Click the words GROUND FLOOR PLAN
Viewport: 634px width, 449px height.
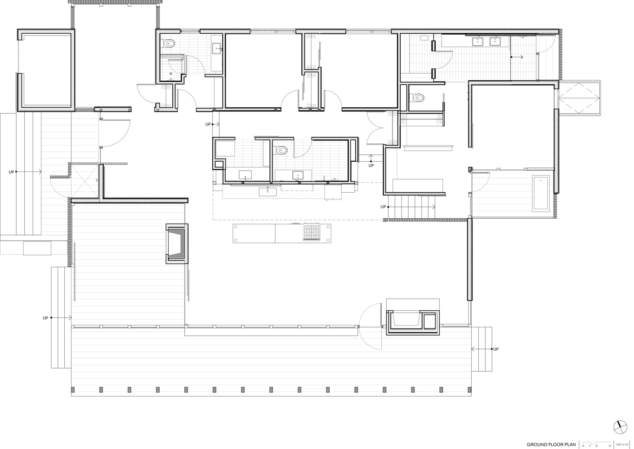[x=551, y=445]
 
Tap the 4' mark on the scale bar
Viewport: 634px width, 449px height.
[x=610, y=446]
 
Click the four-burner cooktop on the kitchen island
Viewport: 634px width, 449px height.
[x=312, y=232]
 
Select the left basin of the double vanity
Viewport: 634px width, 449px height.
[x=477, y=42]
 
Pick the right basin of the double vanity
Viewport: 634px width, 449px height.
[x=495, y=42]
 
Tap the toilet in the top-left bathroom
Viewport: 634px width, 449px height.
[x=169, y=44]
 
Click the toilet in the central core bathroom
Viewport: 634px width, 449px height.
[x=281, y=150]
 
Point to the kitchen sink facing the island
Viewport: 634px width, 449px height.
[x=268, y=192]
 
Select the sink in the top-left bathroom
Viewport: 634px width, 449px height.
[x=216, y=48]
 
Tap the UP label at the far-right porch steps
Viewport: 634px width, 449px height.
[x=496, y=349]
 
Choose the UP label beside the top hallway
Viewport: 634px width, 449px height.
[x=208, y=124]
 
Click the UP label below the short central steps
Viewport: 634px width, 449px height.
[x=371, y=166]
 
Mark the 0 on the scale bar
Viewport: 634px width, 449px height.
[x=583, y=446]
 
